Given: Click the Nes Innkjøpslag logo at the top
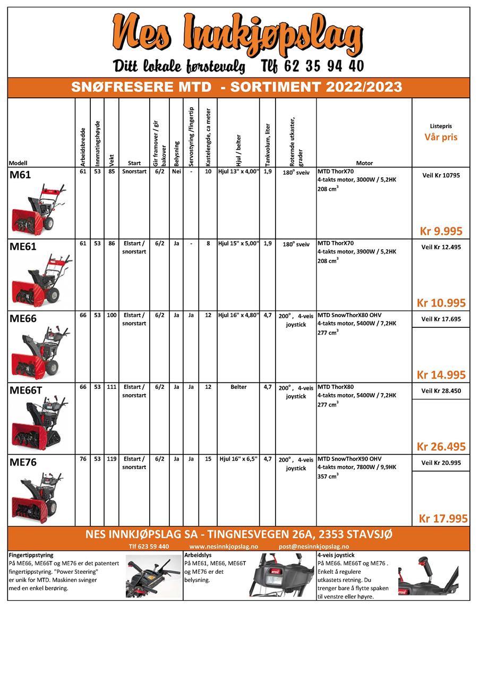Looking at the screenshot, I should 238,36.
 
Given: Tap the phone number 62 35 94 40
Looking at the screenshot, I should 313,66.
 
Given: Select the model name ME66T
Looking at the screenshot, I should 25,390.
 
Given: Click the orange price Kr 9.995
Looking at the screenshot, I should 441,231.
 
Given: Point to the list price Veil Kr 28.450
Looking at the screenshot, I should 441,391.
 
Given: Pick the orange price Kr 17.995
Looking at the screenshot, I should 443,518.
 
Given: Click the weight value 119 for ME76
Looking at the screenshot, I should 112,459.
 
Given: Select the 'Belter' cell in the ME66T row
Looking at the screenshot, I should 238,387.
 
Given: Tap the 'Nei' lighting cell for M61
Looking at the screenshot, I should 176,172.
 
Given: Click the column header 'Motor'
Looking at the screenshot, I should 364,163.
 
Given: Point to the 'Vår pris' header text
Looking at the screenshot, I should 441,137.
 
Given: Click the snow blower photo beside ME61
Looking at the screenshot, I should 43,280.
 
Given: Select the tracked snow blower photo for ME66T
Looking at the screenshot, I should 40,424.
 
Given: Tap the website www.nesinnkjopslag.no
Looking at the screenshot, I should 224,547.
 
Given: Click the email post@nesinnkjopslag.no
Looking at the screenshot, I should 314,547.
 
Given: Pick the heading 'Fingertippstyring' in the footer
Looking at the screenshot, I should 31,555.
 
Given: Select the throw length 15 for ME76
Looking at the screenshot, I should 208,459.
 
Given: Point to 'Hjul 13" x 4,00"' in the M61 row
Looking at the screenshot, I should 238,172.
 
